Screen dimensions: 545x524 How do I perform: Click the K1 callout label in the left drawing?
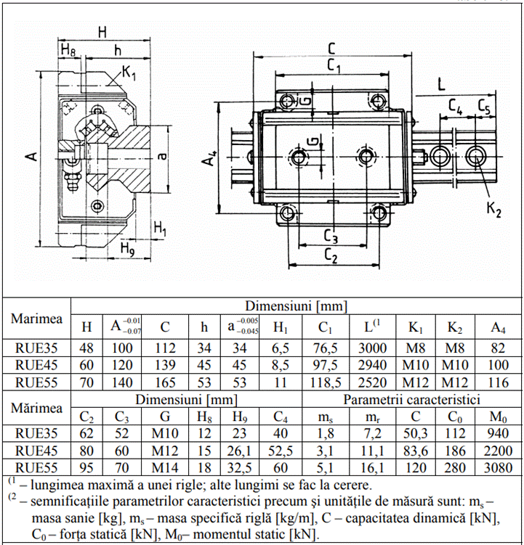click(x=130, y=73)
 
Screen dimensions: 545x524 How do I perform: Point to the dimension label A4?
click(x=211, y=157)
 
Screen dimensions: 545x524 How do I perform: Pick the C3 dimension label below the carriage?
click(x=330, y=236)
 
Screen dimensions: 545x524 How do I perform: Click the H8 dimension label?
click(x=68, y=50)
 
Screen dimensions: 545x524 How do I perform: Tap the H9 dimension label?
click(x=127, y=247)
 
